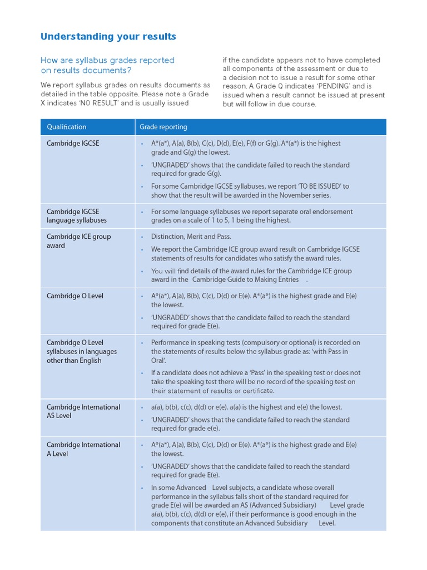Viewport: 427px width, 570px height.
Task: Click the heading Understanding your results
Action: [x=108, y=37]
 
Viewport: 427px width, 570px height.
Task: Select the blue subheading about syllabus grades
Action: [x=107, y=65]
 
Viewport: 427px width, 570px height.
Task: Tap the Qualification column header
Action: [x=66, y=127]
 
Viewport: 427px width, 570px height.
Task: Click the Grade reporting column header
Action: [x=163, y=127]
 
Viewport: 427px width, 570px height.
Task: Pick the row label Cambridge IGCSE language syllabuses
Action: [x=77, y=216]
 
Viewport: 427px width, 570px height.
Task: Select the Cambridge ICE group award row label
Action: [x=78, y=240]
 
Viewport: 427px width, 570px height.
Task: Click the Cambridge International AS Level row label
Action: [x=83, y=411]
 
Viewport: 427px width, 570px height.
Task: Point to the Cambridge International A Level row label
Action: [x=83, y=449]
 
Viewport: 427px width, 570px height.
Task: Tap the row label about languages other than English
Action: [x=82, y=351]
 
